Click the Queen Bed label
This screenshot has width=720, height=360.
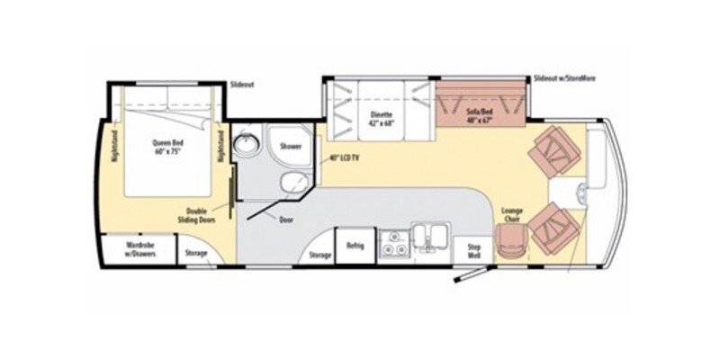tap(168, 146)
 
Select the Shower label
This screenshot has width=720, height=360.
tap(290, 145)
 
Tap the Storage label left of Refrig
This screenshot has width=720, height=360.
tap(319, 256)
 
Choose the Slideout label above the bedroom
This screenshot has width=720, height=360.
tap(243, 85)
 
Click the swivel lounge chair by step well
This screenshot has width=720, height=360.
tap(509, 240)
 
